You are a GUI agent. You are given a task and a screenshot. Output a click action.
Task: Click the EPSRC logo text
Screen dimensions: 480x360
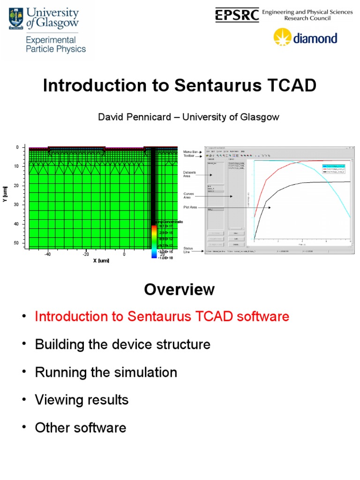pyautogui.click(x=237, y=15)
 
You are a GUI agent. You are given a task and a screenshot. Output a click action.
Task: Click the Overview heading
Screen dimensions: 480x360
pyautogui.click(x=180, y=290)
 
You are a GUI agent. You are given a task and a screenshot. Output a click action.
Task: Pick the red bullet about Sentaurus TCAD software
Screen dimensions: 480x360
pyautogui.click(x=162, y=317)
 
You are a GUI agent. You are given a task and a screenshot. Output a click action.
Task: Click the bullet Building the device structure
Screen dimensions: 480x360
pyautogui.click(x=123, y=345)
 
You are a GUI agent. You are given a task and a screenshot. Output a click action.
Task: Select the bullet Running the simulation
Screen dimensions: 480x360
pyautogui.click(x=106, y=373)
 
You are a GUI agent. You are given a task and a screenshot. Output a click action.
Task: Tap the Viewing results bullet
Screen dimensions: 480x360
pyautogui.click(x=82, y=400)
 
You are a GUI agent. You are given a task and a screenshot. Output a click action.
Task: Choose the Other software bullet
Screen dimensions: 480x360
pyautogui.click(x=81, y=428)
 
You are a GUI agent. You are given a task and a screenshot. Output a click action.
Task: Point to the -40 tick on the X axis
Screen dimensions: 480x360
pyautogui.click(x=47, y=255)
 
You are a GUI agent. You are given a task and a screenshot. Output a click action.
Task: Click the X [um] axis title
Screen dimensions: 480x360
pyautogui.click(x=101, y=260)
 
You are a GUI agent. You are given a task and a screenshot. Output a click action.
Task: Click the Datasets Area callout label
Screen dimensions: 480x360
pyautogui.click(x=190, y=174)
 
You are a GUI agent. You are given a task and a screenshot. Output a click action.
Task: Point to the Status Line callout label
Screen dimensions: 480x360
pyautogui.click(x=188, y=251)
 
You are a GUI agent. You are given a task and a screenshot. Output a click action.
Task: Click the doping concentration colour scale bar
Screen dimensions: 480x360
pyautogui.click(x=153, y=240)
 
